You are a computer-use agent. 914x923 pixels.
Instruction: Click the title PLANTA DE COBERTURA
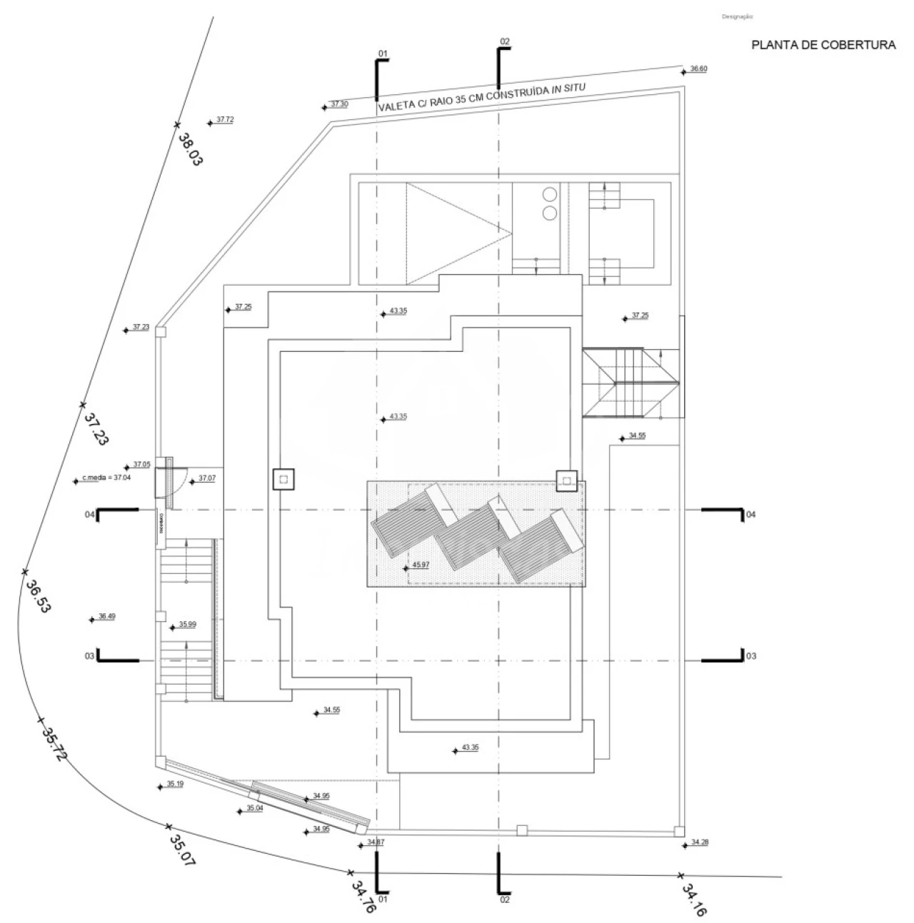823,45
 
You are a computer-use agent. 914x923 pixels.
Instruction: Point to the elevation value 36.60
698,69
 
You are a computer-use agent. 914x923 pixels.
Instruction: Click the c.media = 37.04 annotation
108,478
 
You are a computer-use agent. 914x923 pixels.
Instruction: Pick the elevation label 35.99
188,625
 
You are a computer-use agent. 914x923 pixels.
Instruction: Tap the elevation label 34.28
700,843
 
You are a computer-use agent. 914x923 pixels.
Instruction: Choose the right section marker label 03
750,655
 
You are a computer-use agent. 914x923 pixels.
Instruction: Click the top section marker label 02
505,41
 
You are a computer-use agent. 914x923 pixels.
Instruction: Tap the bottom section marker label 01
383,902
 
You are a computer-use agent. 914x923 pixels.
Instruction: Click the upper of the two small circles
550,194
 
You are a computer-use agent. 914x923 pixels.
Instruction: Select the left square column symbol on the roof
283,479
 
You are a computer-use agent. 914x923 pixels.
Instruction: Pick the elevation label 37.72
225,119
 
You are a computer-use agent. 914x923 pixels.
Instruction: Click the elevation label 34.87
376,842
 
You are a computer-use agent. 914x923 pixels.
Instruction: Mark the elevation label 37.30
339,104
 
